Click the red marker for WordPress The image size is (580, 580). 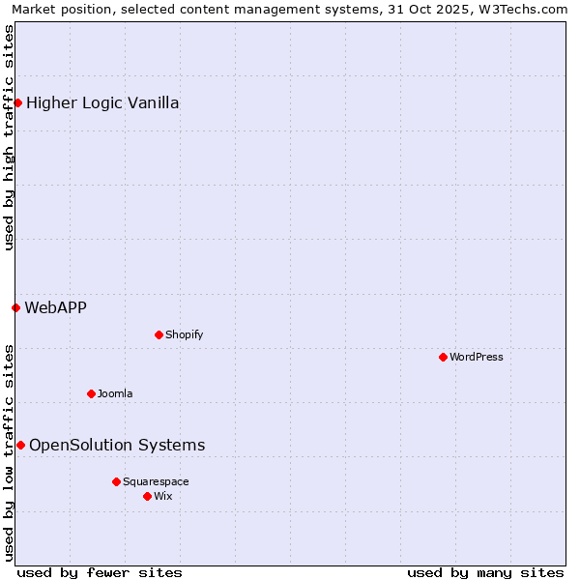[x=443, y=357]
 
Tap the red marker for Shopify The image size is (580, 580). [x=159, y=334]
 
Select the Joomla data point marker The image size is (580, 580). [x=91, y=393]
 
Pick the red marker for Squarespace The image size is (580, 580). [x=116, y=481]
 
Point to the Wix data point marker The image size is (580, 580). [x=147, y=496]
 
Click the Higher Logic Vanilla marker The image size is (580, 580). [x=17, y=102]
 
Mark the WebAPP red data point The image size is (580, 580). [x=15, y=307]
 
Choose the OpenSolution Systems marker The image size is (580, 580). [x=20, y=445]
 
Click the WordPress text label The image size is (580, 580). [x=477, y=357]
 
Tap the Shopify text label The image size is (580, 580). [x=184, y=334]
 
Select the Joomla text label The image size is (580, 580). [x=115, y=393]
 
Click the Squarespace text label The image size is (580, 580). [x=156, y=481]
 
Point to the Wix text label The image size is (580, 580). [x=163, y=496]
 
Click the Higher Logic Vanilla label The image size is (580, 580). [x=102, y=102]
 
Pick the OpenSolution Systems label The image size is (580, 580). [x=117, y=445]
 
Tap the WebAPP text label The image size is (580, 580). [x=55, y=307]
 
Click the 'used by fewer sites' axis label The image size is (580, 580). [x=100, y=572]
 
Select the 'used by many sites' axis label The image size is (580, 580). [x=485, y=572]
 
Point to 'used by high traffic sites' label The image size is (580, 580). [x=9, y=137]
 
